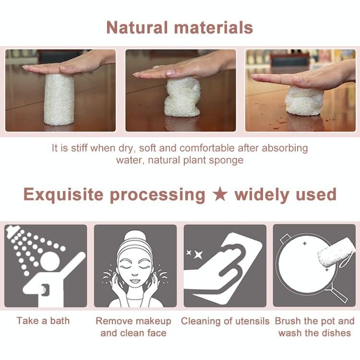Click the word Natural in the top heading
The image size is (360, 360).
(x=137, y=27)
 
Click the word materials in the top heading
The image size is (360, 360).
(x=214, y=27)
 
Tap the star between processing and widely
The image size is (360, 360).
(x=220, y=194)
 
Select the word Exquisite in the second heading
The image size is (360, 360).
(x=63, y=195)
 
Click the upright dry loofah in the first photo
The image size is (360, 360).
(x=59, y=99)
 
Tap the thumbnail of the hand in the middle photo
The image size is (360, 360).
(x=170, y=72)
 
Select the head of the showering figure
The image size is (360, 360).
(x=50, y=261)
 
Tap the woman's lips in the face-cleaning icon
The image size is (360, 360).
(x=135, y=281)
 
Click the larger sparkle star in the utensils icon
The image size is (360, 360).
(x=198, y=255)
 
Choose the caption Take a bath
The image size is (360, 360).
(x=43, y=321)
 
